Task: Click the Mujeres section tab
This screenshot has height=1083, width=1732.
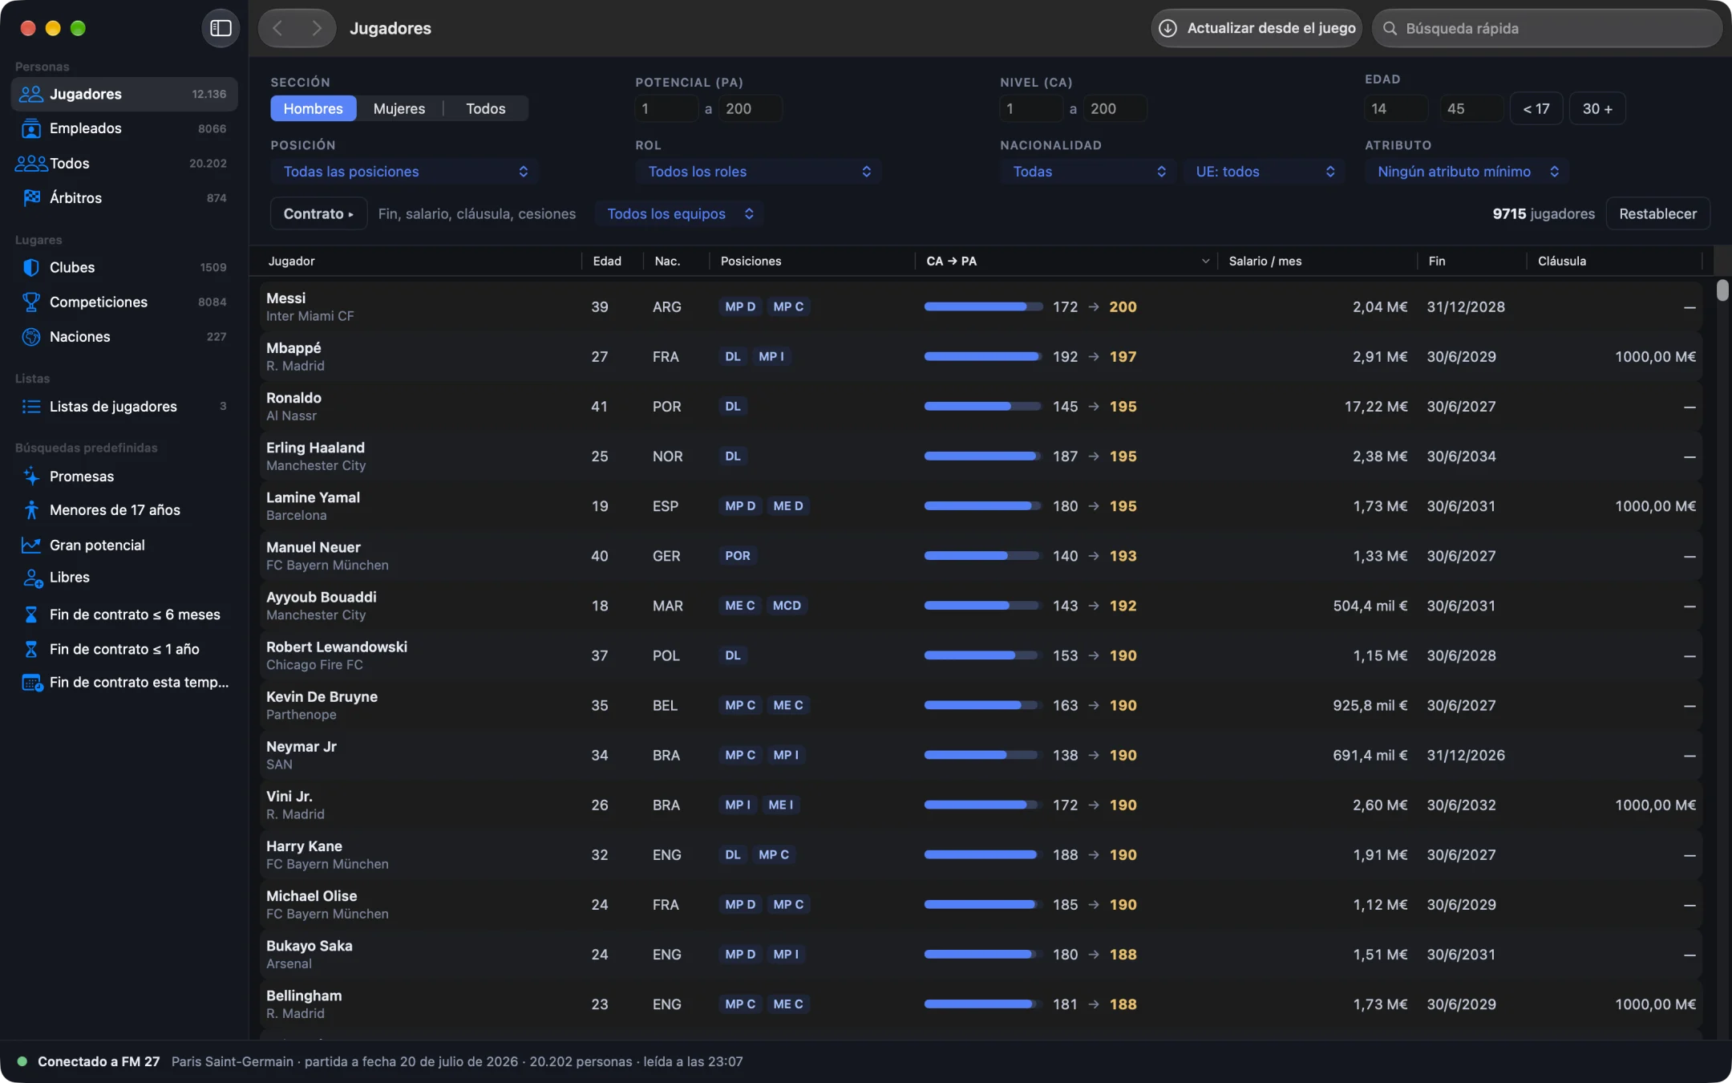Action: pyautogui.click(x=399, y=108)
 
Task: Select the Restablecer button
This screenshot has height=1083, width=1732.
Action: pyautogui.click(x=1657, y=213)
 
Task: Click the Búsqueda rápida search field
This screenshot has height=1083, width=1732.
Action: pyautogui.click(x=1547, y=28)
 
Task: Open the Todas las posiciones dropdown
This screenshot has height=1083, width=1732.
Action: pyautogui.click(x=404, y=171)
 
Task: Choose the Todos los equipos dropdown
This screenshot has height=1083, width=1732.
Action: pyautogui.click(x=679, y=213)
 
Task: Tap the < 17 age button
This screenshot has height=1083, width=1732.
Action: pyautogui.click(x=1536, y=108)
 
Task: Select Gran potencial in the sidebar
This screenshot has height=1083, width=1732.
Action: pyautogui.click(x=97, y=545)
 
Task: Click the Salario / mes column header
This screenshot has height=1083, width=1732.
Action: pyautogui.click(x=1265, y=261)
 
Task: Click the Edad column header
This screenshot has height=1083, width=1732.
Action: pyautogui.click(x=606, y=261)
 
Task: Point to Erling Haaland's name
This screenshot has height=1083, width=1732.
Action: pyautogui.click(x=315, y=448)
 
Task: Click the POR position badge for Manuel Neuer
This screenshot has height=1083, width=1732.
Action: pyautogui.click(x=738, y=555)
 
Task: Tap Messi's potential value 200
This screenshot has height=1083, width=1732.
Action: pyautogui.click(x=1123, y=306)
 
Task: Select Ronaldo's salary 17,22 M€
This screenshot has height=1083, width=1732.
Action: pyautogui.click(x=1375, y=406)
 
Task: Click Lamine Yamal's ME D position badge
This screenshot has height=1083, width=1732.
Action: pyautogui.click(x=787, y=505)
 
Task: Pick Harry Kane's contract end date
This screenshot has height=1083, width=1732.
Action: pyautogui.click(x=1461, y=854)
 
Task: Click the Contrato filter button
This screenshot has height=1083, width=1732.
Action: pyautogui.click(x=318, y=213)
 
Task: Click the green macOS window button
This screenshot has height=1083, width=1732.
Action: pyautogui.click(x=78, y=28)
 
